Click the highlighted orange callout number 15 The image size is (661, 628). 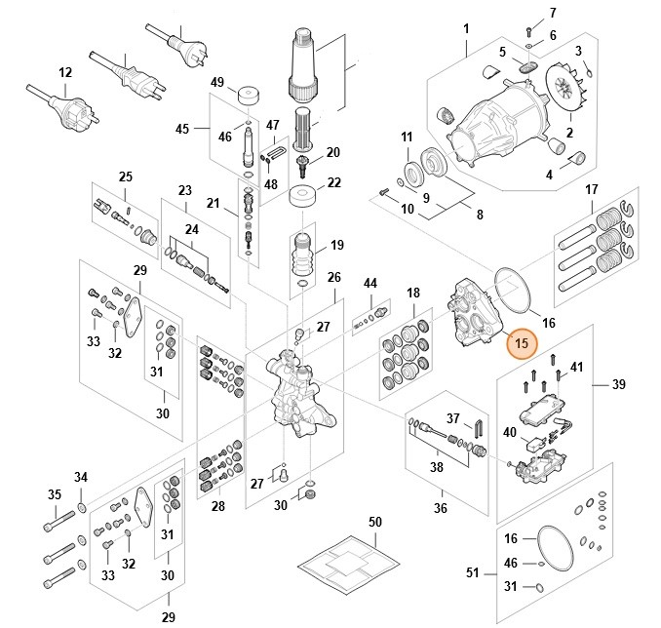pos(522,343)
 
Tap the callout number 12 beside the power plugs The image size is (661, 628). pos(65,72)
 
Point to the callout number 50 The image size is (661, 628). pos(375,523)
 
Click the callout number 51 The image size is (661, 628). pos(473,573)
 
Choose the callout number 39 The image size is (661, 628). pos(618,385)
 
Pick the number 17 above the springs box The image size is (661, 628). pos(591,189)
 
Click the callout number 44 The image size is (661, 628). pos(370,283)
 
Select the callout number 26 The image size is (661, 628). pos(334,278)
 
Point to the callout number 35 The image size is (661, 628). pos(56,494)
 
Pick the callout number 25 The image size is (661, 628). pos(125,177)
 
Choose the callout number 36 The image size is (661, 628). pos(441,507)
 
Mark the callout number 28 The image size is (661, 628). pos(217,506)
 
